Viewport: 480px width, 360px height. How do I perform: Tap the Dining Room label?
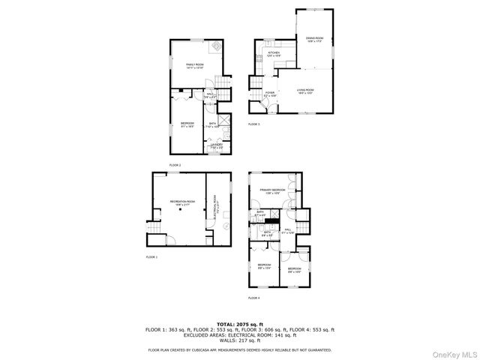[314, 39]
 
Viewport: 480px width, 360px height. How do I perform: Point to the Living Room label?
[304, 91]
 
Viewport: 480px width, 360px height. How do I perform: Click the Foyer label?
[270, 94]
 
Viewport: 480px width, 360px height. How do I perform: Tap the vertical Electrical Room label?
[214, 205]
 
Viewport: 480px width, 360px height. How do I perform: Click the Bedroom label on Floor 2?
[187, 124]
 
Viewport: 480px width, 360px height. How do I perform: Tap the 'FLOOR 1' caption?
[152, 256]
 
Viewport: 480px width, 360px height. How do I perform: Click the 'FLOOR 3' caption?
[254, 124]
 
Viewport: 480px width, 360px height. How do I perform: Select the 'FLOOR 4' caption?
[254, 298]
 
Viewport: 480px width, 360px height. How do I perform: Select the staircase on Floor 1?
[154, 228]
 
